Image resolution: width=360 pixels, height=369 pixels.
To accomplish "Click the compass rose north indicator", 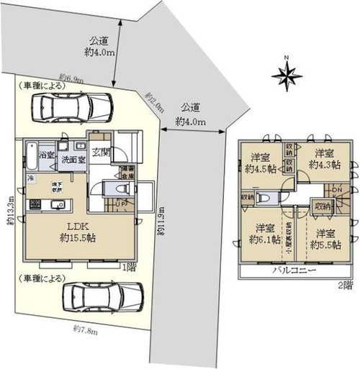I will pos(287,72).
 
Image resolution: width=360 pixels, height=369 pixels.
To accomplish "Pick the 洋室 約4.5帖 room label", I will pos(261,163).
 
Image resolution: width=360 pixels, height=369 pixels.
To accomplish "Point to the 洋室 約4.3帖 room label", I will pos(321,158).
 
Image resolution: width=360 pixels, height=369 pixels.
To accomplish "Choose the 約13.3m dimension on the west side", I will pos(10,209).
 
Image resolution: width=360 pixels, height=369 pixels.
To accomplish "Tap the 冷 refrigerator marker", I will pos(30,178).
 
